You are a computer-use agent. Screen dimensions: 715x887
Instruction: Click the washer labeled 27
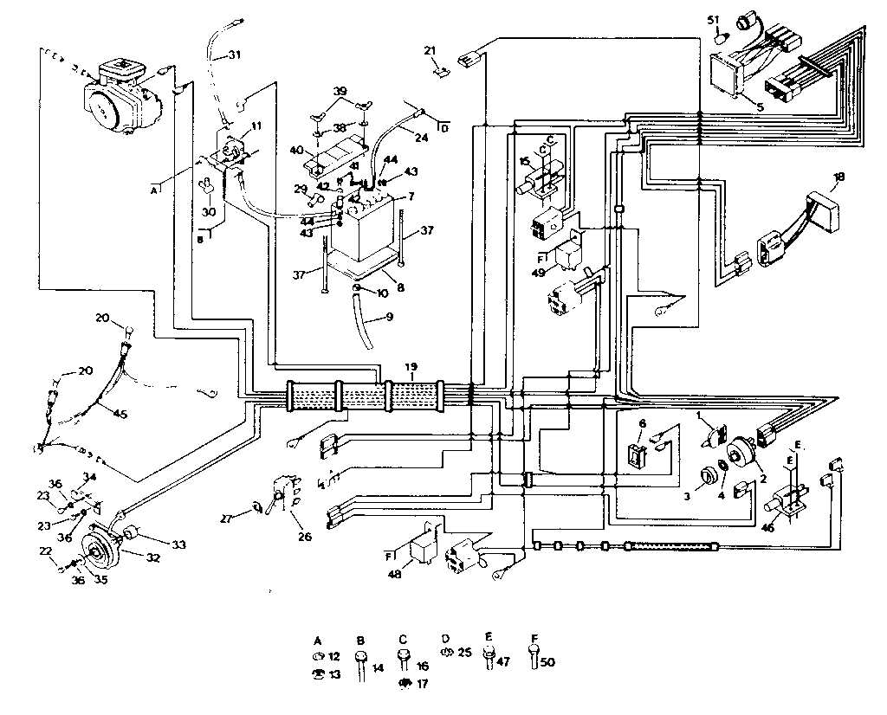pyautogui.click(x=256, y=507)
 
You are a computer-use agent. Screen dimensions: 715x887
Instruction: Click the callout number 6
pyautogui.click(x=642, y=422)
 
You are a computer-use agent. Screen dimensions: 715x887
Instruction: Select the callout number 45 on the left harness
pyautogui.click(x=120, y=415)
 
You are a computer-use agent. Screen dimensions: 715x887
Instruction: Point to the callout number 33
pyautogui.click(x=178, y=544)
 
